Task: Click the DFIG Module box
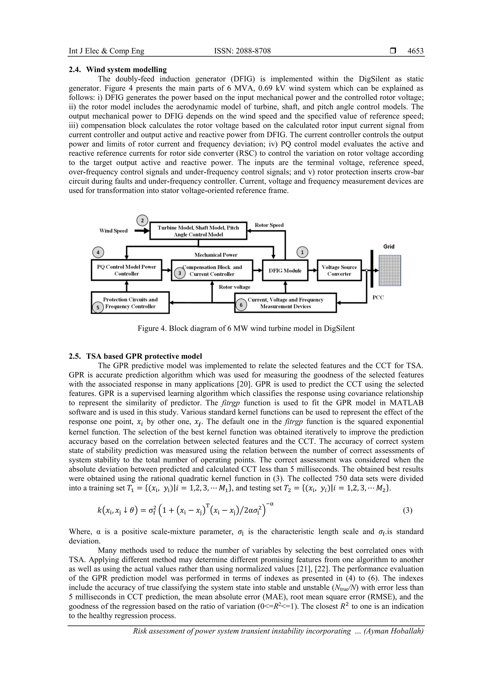click(x=285, y=271)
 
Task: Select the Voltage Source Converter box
click(x=339, y=271)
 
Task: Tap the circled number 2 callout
click(x=142, y=220)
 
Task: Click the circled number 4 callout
click(x=98, y=252)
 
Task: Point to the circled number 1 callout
click(x=302, y=252)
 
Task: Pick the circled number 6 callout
click(x=241, y=305)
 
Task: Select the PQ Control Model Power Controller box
click(x=127, y=270)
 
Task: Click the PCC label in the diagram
click(x=378, y=298)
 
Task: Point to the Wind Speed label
click(x=113, y=231)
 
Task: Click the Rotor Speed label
click(x=269, y=225)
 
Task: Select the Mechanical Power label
click(x=216, y=255)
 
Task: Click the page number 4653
click(x=415, y=51)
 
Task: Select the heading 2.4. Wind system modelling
click(x=118, y=70)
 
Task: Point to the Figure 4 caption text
click(x=246, y=328)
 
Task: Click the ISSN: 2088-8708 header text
click(x=242, y=51)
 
